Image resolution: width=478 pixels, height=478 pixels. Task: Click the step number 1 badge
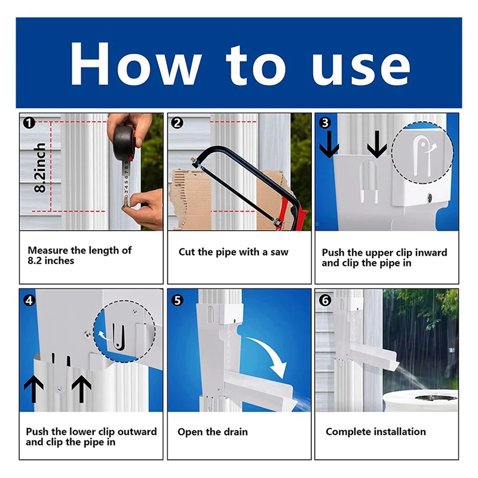(x=29, y=123)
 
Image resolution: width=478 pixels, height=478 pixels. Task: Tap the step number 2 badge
(x=177, y=123)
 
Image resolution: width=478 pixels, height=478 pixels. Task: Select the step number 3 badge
(x=325, y=122)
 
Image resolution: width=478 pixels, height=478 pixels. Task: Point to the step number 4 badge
(x=29, y=301)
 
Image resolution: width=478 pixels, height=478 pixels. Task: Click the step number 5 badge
(x=177, y=301)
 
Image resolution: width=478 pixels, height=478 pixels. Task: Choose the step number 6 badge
(x=325, y=301)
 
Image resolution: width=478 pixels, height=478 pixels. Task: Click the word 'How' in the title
(x=136, y=64)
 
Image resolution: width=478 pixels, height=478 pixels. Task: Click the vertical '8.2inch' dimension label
(x=40, y=167)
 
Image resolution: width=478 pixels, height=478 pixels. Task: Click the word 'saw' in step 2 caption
(x=278, y=252)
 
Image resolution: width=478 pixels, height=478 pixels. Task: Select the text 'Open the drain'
(x=213, y=432)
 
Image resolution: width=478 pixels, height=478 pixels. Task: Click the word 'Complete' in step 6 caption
(x=348, y=432)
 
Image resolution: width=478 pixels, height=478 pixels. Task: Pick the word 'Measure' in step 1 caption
(x=48, y=250)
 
